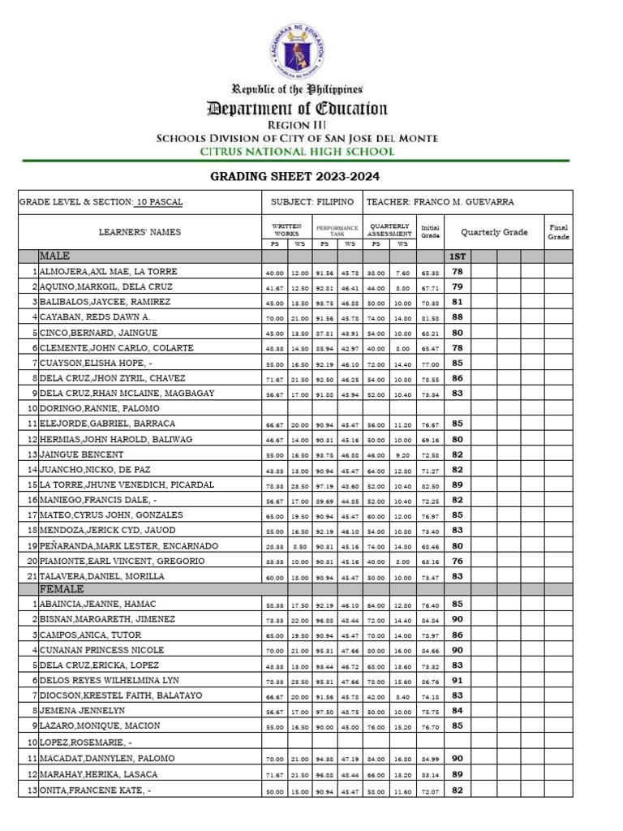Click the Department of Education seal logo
[x=297, y=50]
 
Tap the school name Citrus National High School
[x=297, y=152]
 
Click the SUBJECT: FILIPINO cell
[x=312, y=202]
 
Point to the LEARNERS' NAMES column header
[x=140, y=232]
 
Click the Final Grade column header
[x=558, y=232]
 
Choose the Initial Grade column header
[x=430, y=232]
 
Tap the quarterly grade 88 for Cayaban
[x=458, y=317]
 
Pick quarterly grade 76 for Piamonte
[x=458, y=561]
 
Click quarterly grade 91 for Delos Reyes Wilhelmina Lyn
[x=458, y=681]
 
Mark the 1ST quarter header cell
[x=458, y=256]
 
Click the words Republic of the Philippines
[x=297, y=89]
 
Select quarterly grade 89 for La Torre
[x=458, y=484]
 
